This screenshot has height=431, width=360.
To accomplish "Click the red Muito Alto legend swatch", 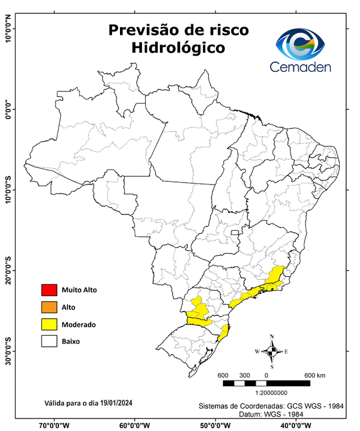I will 49,290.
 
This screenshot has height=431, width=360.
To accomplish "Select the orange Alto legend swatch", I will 49,307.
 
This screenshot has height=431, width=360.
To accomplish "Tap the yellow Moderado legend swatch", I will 49,324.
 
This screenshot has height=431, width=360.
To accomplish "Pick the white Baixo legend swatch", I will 49,341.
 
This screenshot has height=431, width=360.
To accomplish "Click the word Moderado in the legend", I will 79,324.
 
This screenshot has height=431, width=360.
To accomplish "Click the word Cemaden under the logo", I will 301,67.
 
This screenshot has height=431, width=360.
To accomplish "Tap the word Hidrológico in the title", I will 178,48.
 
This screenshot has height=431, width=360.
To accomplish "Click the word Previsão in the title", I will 143,30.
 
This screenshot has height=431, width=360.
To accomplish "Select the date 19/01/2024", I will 114,403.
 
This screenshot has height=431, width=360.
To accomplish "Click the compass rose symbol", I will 271,351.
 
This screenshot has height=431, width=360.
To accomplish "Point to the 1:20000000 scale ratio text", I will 271,393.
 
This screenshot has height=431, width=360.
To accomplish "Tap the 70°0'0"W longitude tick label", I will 54,425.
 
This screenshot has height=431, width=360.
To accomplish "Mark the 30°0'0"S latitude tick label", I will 8,351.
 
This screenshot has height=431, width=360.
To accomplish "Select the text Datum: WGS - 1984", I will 276,414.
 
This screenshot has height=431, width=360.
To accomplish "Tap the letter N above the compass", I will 272,337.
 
